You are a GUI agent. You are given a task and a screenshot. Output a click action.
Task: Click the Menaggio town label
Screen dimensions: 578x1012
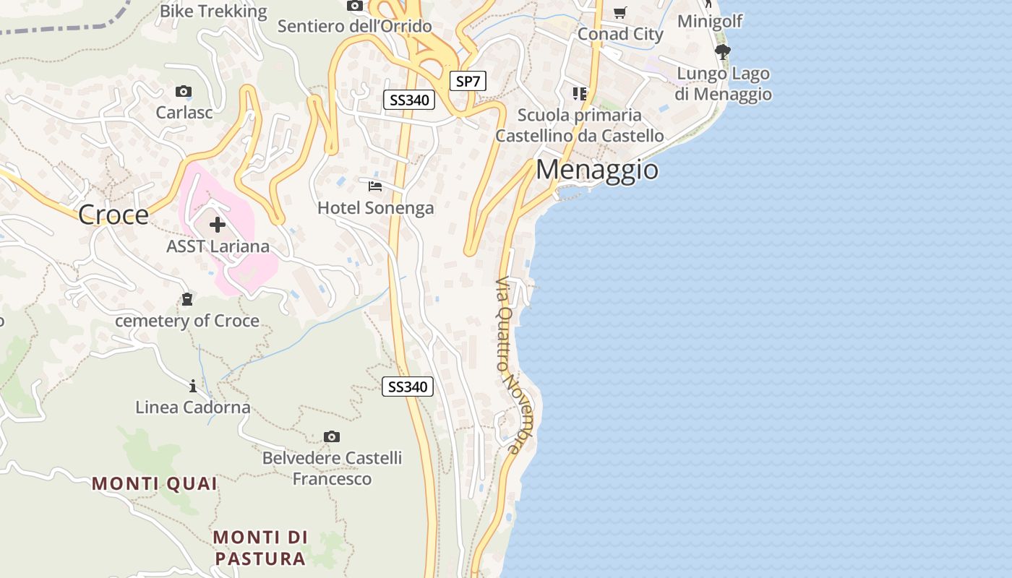[597, 170]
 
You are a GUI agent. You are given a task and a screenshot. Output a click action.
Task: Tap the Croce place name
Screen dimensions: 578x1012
[113, 215]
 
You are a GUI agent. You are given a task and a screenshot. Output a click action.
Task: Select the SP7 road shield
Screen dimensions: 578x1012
[468, 82]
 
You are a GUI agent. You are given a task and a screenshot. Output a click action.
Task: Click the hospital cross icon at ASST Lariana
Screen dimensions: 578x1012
[218, 225]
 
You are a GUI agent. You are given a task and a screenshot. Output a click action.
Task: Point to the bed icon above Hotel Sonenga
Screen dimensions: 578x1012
[375, 186]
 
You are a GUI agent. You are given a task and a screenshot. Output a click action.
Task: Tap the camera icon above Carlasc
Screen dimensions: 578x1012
[184, 92]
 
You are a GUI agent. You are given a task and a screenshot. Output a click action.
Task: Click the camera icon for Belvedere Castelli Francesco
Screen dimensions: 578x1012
[332, 437]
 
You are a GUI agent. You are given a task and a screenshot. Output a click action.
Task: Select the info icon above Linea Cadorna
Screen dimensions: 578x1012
[193, 386]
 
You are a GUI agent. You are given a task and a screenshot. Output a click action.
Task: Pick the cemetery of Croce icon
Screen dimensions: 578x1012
[187, 298]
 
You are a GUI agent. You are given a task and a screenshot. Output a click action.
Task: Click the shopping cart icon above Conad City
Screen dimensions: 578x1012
[619, 13]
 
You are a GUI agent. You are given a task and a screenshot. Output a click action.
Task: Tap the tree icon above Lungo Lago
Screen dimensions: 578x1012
[722, 52]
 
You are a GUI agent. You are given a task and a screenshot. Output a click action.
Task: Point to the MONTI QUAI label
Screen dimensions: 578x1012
[155, 484]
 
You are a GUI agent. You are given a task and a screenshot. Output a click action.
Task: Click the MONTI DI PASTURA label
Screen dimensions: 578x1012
[260, 548]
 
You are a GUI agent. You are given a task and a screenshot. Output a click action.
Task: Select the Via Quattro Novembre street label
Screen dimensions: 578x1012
[509, 365]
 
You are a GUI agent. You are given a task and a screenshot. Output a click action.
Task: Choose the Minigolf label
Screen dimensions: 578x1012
[710, 21]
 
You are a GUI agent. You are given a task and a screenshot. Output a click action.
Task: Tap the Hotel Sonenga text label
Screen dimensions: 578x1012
[376, 208]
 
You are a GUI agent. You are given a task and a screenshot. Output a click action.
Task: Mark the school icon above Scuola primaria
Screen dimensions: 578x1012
[580, 94]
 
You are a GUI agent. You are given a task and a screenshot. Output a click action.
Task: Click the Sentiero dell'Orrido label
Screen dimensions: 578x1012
[355, 27]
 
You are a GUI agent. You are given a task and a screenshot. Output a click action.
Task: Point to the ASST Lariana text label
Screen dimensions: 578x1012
[218, 246]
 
